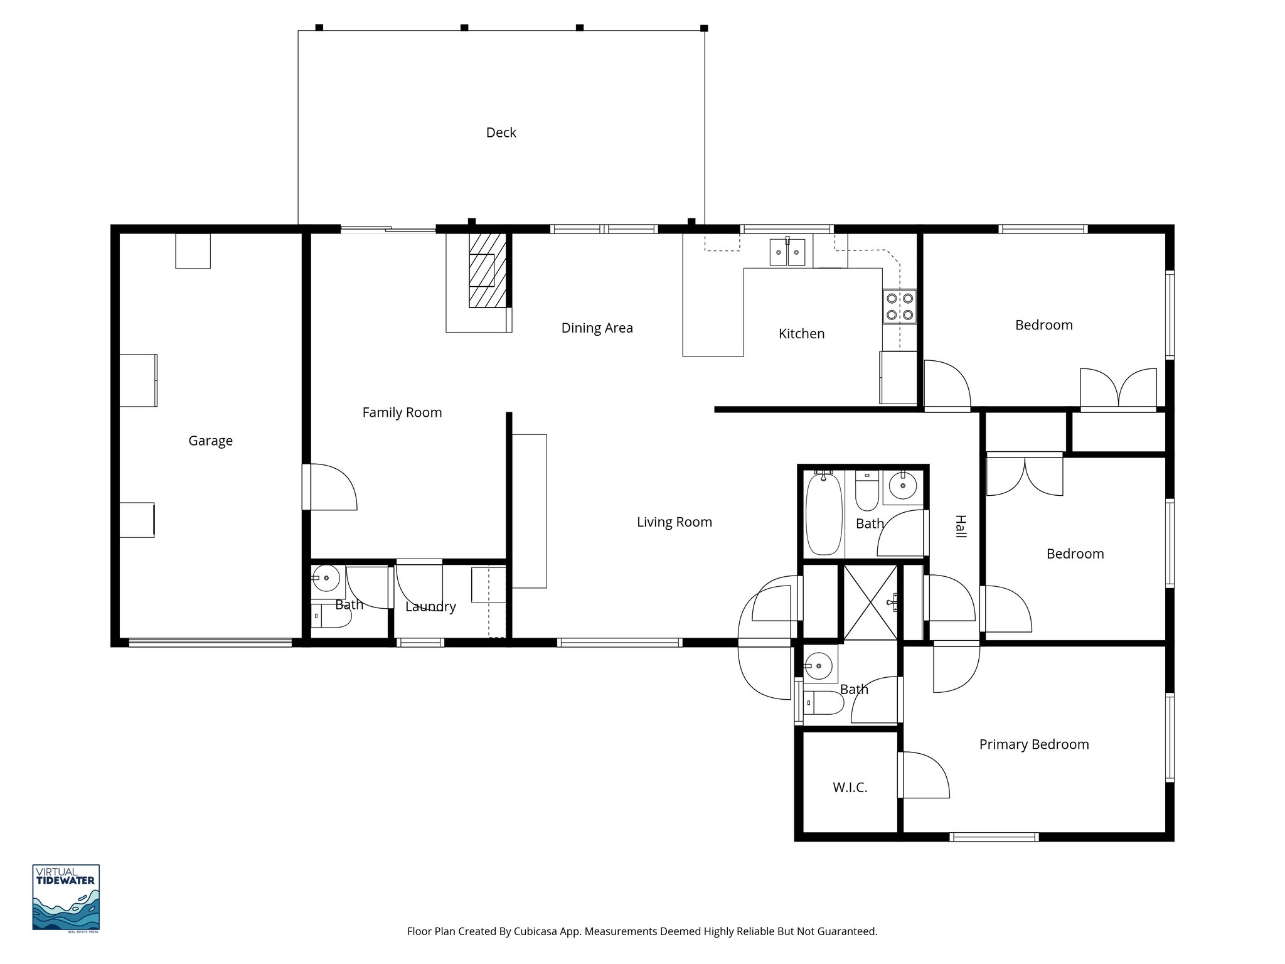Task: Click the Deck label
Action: click(x=501, y=132)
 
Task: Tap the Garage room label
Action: click(x=210, y=441)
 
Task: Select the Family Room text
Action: click(x=402, y=412)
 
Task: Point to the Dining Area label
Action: click(x=597, y=328)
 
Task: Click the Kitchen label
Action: click(x=801, y=333)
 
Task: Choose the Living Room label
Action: click(x=674, y=522)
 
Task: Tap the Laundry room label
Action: click(x=430, y=606)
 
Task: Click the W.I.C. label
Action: click(x=850, y=787)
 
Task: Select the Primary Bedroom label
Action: click(x=1033, y=744)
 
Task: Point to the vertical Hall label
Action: click(x=960, y=526)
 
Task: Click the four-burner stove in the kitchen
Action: click(x=899, y=306)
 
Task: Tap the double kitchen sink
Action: click(x=787, y=252)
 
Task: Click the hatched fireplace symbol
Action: click(x=488, y=270)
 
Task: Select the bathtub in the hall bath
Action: click(x=823, y=515)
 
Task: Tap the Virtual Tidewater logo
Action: click(x=66, y=897)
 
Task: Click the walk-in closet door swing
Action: click(x=924, y=775)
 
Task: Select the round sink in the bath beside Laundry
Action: click(x=326, y=579)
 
